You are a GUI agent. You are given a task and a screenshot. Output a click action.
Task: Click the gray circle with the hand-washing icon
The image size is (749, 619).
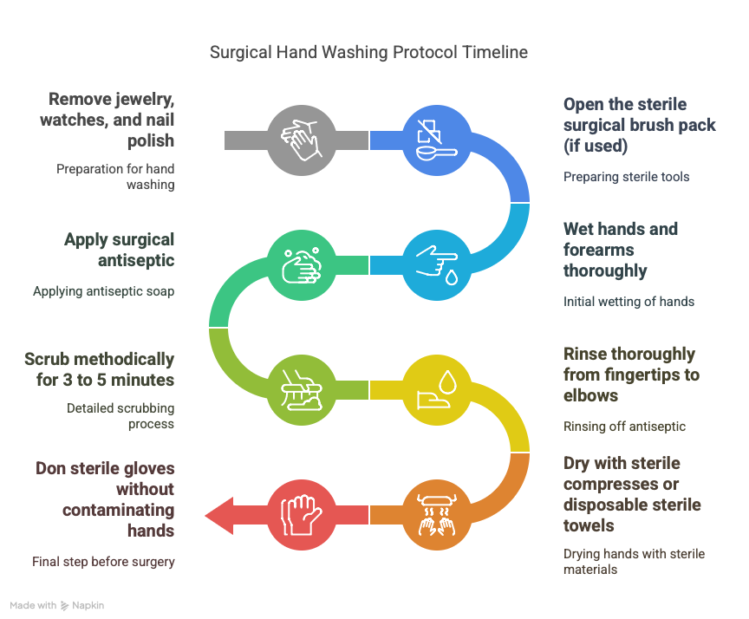pos(302,140)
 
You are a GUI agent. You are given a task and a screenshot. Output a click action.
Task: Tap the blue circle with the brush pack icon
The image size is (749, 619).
pos(437,140)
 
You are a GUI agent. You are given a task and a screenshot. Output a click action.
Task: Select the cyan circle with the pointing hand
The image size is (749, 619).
pos(437,265)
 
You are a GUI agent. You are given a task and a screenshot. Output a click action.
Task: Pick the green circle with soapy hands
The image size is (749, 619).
pos(302,265)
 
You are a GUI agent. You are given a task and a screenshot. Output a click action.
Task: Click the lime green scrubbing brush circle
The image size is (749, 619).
pos(302,390)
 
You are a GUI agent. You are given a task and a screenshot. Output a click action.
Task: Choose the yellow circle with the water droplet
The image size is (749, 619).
pos(437,390)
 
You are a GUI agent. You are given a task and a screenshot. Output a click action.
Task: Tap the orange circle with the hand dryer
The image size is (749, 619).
pos(437,515)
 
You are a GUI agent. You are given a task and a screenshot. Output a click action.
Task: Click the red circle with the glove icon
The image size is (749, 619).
pos(302,515)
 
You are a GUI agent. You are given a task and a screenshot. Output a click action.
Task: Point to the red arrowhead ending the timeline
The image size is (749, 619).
pos(219,515)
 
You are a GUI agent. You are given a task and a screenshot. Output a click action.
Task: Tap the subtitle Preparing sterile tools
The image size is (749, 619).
pos(626,177)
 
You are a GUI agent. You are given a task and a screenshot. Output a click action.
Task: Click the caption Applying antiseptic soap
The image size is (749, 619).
pos(104,291)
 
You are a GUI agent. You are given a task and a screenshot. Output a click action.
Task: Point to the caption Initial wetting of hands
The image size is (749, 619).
pos(629,302)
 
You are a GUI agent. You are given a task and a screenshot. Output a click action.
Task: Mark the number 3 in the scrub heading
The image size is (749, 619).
pos(68,381)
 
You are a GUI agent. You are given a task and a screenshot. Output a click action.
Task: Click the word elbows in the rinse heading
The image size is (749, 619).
pos(590,396)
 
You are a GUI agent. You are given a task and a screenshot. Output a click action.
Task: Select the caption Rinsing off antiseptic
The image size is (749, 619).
pos(624,427)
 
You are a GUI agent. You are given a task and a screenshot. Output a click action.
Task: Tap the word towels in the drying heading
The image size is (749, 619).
pos(589,526)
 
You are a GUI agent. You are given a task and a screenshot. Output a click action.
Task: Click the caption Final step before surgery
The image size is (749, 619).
pos(103,562)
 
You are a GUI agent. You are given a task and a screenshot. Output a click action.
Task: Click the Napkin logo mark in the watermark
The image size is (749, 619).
pos(64,606)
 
